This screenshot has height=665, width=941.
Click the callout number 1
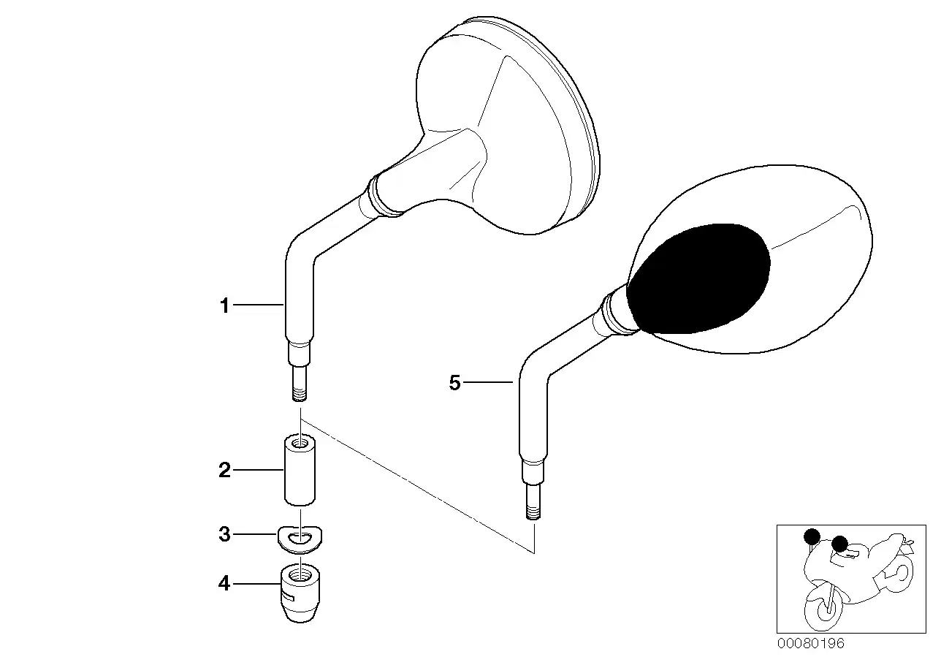click(225, 305)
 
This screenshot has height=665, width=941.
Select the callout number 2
click(225, 470)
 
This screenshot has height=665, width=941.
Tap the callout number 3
click(225, 534)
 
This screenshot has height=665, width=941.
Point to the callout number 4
click(224, 583)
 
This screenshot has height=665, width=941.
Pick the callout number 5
click(455, 383)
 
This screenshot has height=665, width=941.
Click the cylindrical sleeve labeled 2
click(300, 470)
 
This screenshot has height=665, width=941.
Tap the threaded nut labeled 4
click(300, 593)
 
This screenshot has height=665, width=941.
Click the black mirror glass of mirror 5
click(698, 278)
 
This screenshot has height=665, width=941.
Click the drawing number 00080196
click(810, 644)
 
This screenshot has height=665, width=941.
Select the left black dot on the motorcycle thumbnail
click(812, 536)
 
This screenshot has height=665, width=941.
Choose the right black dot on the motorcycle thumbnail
click(839, 544)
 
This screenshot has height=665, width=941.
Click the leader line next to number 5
click(488, 382)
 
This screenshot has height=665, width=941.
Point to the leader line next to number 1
click(259, 305)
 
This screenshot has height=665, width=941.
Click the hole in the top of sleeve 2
click(300, 442)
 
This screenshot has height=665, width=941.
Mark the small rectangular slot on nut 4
click(288, 596)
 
